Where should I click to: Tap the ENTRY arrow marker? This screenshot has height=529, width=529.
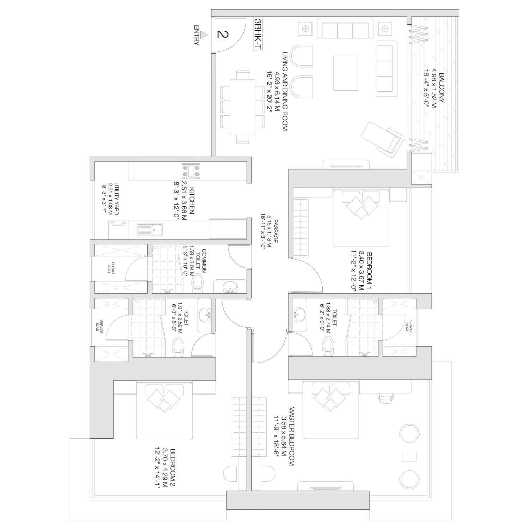203,35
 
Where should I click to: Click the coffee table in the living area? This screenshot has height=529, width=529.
346,73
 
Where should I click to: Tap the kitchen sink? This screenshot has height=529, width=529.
150,230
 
